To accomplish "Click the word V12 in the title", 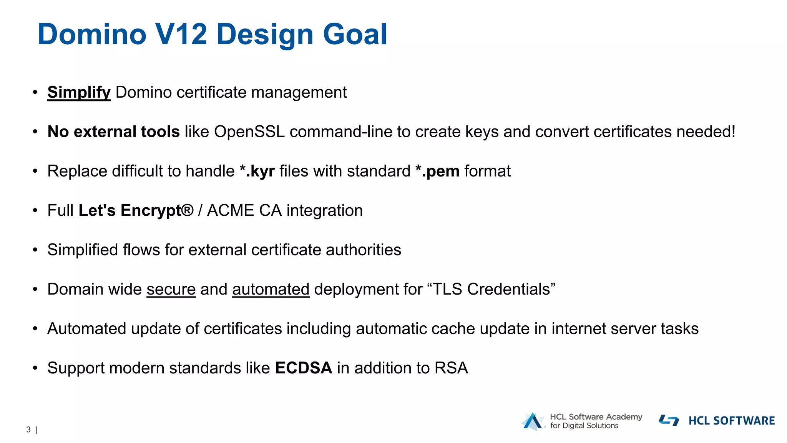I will [x=181, y=35].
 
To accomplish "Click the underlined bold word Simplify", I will [x=79, y=93].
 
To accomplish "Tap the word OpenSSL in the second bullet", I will [x=249, y=132].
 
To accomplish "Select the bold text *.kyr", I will [x=257, y=172].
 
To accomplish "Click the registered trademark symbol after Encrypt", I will [x=188, y=210].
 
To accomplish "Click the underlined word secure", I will [x=171, y=290].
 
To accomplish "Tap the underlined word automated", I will [x=271, y=290].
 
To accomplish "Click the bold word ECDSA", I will [x=304, y=368].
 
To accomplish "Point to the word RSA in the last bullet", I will [x=451, y=368].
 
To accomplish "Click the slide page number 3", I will [x=28, y=430].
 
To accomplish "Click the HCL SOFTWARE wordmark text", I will [x=731, y=421].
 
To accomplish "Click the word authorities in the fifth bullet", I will [x=363, y=250].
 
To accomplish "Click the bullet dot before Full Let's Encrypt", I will [x=35, y=211].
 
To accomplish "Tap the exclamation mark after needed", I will [x=733, y=132].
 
